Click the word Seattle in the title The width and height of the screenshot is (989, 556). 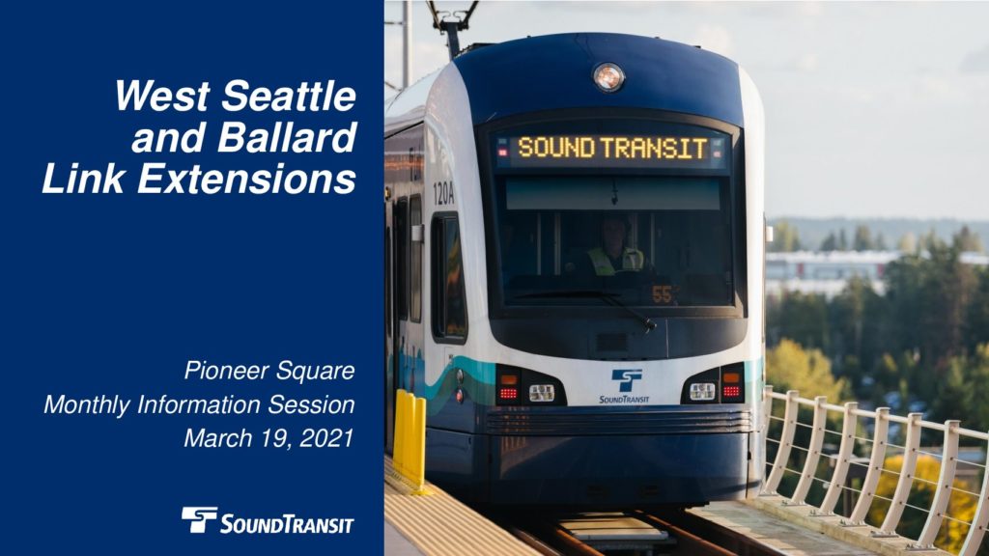[288, 96]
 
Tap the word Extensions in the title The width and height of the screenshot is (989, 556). [246, 179]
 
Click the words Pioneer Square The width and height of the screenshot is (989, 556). [269, 371]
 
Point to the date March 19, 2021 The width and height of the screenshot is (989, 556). [268, 438]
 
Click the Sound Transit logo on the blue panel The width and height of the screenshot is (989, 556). [268, 520]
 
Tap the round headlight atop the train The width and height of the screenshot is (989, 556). [608, 77]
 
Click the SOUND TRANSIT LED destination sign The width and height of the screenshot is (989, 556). [611, 148]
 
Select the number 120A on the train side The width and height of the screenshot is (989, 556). [443, 193]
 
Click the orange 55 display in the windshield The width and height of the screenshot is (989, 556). [662, 294]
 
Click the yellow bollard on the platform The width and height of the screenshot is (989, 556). [410, 439]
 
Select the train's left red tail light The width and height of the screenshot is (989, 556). [508, 394]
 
